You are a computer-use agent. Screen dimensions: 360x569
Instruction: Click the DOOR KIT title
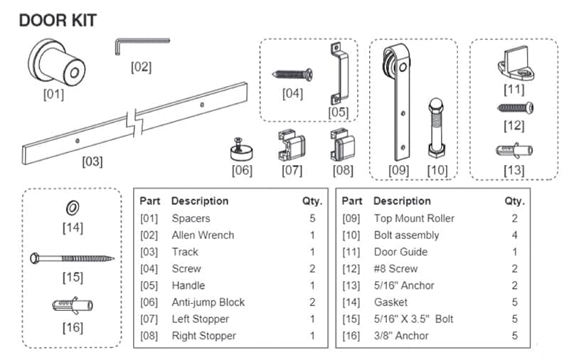(x=58, y=21)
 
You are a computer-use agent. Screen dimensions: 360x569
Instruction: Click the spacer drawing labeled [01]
(x=58, y=63)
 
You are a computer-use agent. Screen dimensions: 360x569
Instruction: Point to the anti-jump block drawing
(x=243, y=149)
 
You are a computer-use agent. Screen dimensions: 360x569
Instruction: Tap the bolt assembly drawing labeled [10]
(x=435, y=125)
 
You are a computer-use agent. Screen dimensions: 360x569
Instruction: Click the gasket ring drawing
(x=72, y=208)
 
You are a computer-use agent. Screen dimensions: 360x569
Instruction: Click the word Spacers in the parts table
(x=191, y=218)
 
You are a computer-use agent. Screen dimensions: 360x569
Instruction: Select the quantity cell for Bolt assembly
(x=515, y=235)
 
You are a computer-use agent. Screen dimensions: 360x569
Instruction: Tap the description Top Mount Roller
(x=414, y=218)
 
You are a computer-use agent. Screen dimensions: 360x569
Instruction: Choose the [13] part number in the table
(x=353, y=285)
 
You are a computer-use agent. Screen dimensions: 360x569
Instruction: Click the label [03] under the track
(x=92, y=161)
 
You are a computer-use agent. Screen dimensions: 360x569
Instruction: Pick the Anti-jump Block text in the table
(x=208, y=302)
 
